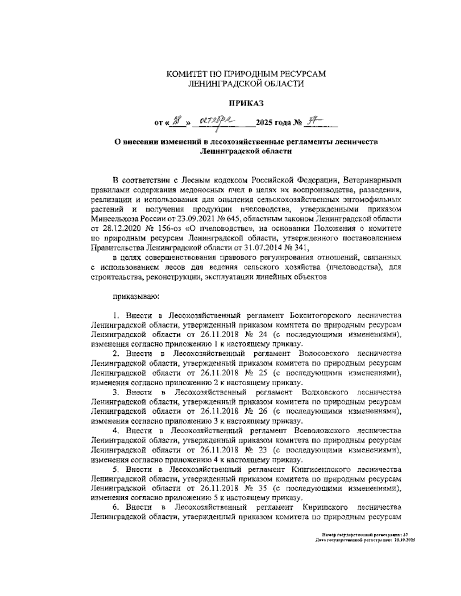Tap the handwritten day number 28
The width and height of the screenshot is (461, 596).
176,122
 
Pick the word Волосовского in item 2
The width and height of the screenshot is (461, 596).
325,353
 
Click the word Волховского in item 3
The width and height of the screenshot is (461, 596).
325,392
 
